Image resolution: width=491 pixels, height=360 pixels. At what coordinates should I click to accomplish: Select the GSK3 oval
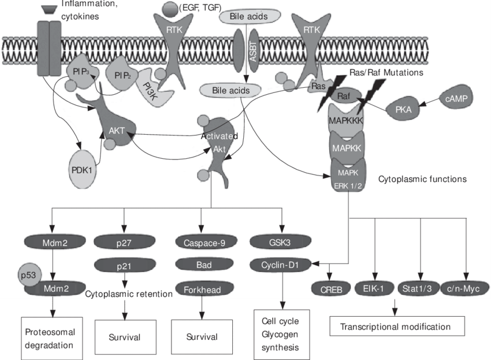tap(280, 242)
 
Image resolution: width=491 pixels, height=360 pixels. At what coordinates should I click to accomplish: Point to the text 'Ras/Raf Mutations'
tap(386, 73)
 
